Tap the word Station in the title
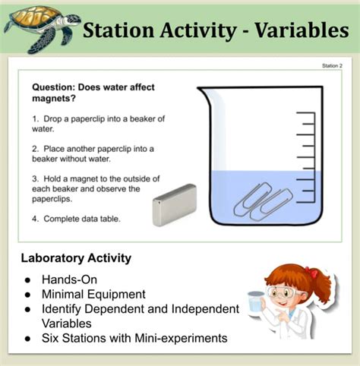[x=120, y=30]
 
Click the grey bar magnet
[x=174, y=204]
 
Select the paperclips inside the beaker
[x=262, y=200]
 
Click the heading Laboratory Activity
[x=76, y=258]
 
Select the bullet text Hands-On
[x=71, y=279]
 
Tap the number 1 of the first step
[x=35, y=119]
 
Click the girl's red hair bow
[x=311, y=271]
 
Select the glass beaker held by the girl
[x=257, y=303]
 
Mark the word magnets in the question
[x=52, y=99]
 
